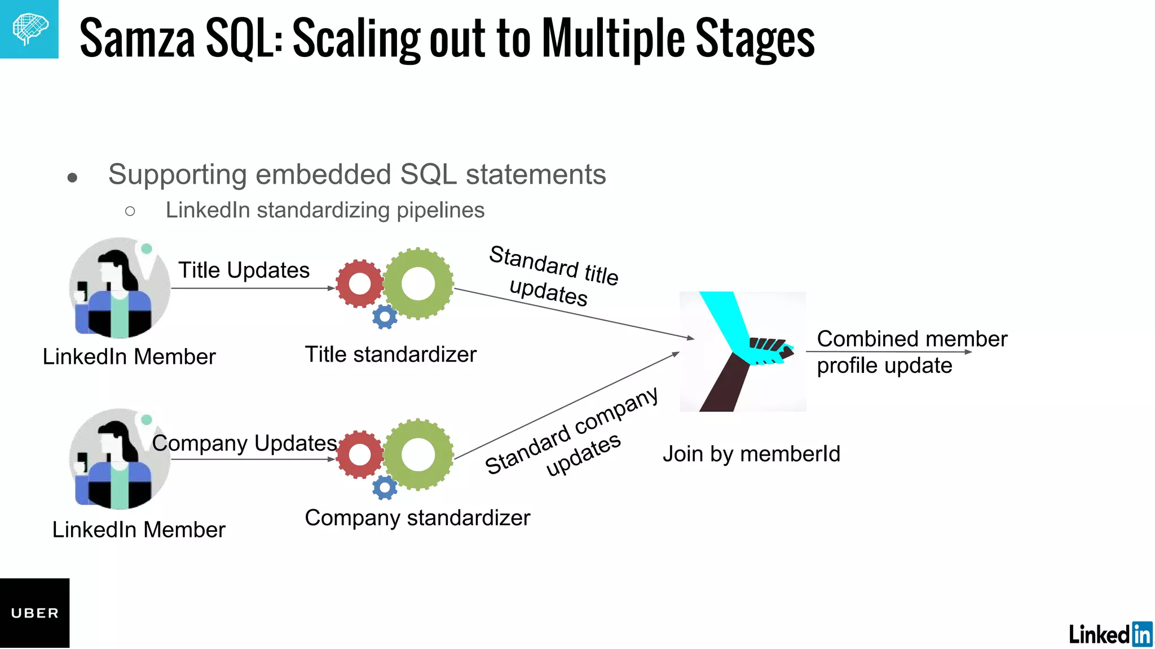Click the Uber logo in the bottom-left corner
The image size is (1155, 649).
[x=34, y=613]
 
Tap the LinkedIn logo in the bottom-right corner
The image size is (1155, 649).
[x=1110, y=634]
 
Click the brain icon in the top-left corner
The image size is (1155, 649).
[x=29, y=29]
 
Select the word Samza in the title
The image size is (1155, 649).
[x=137, y=38]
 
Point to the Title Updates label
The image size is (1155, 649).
[x=244, y=270]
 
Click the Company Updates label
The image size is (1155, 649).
[x=244, y=443]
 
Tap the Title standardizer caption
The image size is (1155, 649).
[x=390, y=354]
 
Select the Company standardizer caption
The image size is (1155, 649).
[x=417, y=518]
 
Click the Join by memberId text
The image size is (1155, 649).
[x=751, y=454]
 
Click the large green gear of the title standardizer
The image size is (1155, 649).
[x=418, y=283]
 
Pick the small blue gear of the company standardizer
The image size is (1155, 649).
[x=385, y=487]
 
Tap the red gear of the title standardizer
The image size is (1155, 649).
[x=359, y=283]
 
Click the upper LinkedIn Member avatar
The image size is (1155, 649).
[x=119, y=288]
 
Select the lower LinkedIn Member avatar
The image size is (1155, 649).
[x=119, y=459]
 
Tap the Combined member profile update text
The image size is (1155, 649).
[x=911, y=352]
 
